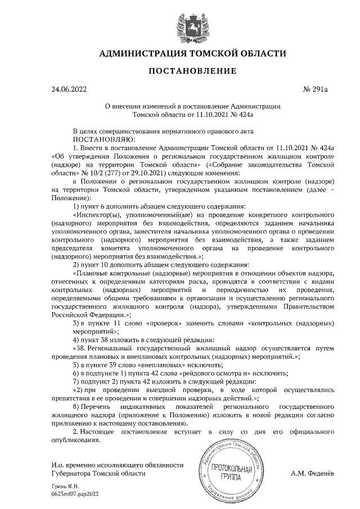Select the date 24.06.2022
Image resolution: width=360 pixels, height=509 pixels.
(69, 89)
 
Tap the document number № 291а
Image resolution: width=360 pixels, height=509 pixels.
(318, 89)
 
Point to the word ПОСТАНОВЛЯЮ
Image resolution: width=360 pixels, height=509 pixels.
(104, 138)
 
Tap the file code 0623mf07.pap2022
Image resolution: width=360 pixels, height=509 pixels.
(75, 493)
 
